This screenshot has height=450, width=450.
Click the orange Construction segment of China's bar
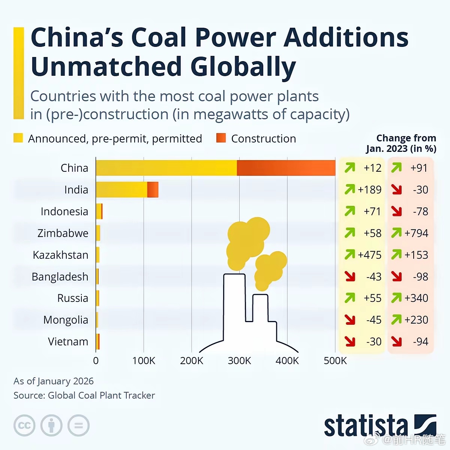click(286, 168)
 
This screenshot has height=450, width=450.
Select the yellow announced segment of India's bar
click(121, 190)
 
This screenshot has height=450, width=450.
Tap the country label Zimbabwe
click(63, 233)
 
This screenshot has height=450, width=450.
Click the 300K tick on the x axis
click(239, 361)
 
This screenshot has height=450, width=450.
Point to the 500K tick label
click(335, 361)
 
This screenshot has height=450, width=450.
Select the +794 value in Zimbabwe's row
click(416, 233)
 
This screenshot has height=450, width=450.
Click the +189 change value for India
click(369, 190)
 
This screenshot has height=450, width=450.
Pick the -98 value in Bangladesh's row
click(420, 277)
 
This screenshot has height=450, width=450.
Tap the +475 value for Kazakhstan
click(369, 255)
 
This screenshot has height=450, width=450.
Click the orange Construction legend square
click(221, 138)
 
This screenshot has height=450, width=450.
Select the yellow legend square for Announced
click(18, 138)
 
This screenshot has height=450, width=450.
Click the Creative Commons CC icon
click(24, 426)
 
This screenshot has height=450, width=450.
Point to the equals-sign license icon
click(78, 426)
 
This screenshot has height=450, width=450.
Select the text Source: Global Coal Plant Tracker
click(84, 395)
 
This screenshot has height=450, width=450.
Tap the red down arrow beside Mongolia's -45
click(350, 320)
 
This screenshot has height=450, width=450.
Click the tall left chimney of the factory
click(234, 307)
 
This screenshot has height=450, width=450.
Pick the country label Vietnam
click(68, 342)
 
